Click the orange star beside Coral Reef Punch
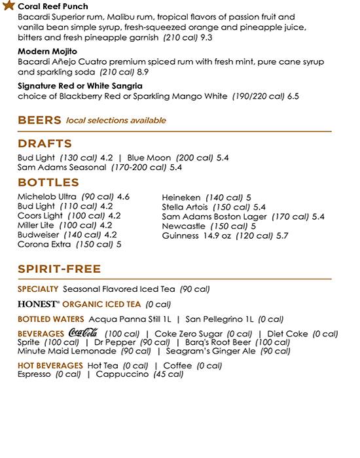[9, 5]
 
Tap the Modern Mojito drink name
[48, 51]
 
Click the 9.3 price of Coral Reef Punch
[207, 39]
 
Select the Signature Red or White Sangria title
[81, 86]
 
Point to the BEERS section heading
[39, 120]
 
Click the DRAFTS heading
[45, 143]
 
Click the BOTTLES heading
[48, 182]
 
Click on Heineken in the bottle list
[181, 197]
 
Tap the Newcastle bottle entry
[183, 226]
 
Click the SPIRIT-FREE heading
[60, 269]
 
